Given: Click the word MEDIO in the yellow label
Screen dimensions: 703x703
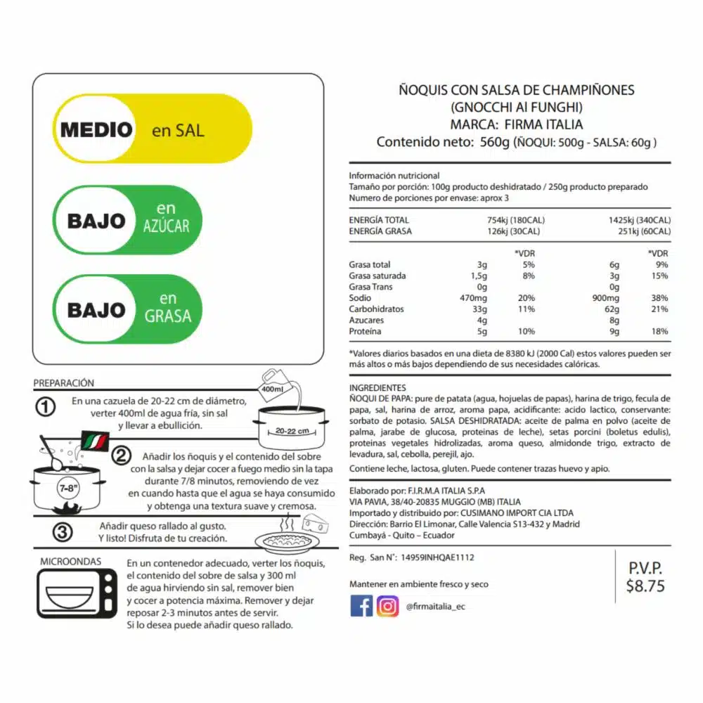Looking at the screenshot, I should (96, 130).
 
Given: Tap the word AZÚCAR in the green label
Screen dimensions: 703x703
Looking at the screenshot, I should (166, 226).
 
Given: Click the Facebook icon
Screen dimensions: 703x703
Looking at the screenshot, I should (361, 605).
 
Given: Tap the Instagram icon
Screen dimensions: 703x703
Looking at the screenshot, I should (387, 605).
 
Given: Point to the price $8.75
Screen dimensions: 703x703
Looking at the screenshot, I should (645, 586).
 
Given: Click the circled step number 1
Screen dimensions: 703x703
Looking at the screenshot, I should (46, 408).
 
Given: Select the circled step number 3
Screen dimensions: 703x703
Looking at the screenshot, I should (63, 533).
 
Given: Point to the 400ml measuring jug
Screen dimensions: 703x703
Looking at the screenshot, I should (274, 386).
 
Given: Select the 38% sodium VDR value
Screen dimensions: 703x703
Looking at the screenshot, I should (659, 298).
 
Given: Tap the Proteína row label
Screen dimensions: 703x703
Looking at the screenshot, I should (366, 331).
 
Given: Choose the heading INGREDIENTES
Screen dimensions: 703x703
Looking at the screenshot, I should (378, 387).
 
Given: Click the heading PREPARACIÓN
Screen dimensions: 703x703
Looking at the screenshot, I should (63, 383).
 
